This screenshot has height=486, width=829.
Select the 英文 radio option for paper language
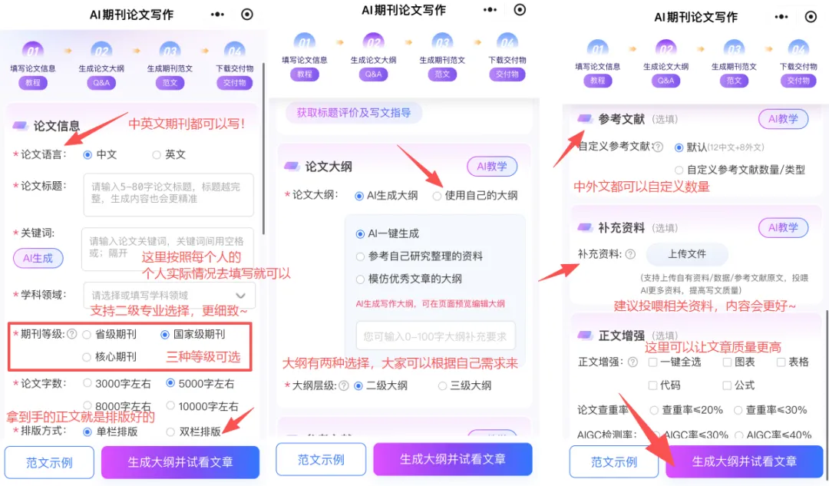tap(157, 154)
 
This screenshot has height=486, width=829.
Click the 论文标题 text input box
tap(168, 194)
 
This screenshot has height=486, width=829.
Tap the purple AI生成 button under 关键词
tap(38, 258)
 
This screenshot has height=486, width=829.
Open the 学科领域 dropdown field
tap(168, 295)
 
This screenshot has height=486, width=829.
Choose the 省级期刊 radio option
tap(88, 335)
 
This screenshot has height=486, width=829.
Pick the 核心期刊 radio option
tap(88, 357)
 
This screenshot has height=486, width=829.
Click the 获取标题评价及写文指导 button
tap(354, 113)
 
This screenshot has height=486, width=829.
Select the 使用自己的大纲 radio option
tap(437, 196)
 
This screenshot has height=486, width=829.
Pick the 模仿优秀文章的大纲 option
tap(361, 279)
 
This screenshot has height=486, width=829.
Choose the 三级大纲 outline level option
tap(443, 385)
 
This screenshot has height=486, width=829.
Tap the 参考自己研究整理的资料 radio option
tap(361, 256)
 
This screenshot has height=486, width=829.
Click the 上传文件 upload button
tap(686, 254)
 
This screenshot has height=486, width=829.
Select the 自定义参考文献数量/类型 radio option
tap(679, 170)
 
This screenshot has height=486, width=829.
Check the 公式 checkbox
tap(726, 385)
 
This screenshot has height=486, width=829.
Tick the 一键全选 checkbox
tap(652, 362)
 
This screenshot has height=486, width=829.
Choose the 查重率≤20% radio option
tap(654, 410)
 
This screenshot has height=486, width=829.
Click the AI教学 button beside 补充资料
tap(783, 227)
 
